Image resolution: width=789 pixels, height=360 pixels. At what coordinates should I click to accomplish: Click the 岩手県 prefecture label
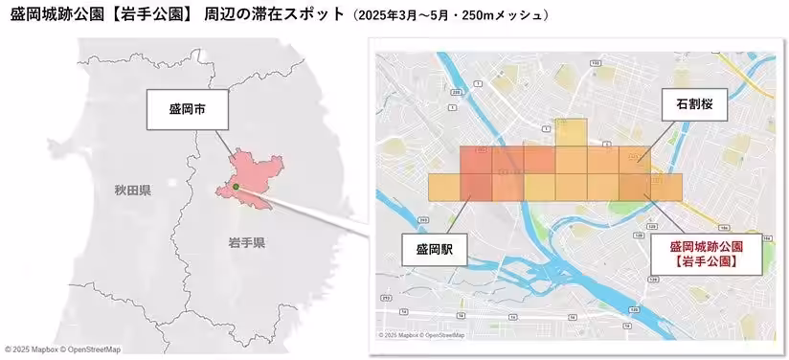click(x=246, y=242)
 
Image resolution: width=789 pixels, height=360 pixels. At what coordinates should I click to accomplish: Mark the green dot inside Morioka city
click(x=235, y=187)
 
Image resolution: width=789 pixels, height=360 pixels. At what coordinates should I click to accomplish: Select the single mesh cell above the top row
click(x=572, y=132)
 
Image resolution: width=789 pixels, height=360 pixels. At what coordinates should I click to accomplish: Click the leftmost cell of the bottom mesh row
click(x=444, y=188)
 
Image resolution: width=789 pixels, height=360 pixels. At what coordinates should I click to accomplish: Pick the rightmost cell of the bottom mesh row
click(x=666, y=188)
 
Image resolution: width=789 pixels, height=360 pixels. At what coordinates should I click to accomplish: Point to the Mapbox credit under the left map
click(x=61, y=349)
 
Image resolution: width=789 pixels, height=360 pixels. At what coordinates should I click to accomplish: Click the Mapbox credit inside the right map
click(x=421, y=335)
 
